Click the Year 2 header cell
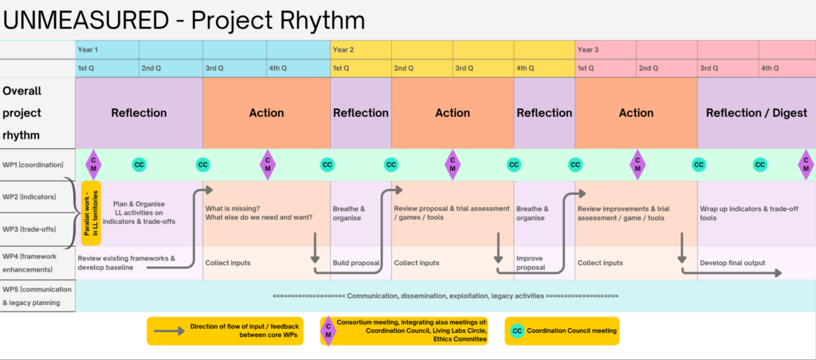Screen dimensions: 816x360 pyautogui.click(x=361, y=50)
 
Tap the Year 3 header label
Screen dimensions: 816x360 pyautogui.click(x=587, y=50)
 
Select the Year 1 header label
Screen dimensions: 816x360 pyautogui.click(x=88, y=50)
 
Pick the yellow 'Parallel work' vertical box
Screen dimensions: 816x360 pyautogui.click(x=91, y=213)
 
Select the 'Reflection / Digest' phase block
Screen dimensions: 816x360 pyautogui.click(x=756, y=113)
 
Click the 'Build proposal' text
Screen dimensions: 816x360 pyautogui.click(x=356, y=263)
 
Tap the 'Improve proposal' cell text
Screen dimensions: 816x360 pyautogui.click(x=531, y=263)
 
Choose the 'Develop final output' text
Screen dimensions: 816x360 pyautogui.click(x=732, y=263)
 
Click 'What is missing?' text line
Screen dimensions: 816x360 pyautogui.click(x=231, y=209)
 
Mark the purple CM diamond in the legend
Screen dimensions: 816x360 pyautogui.click(x=328, y=331)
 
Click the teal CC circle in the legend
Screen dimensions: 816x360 pyautogui.click(x=517, y=331)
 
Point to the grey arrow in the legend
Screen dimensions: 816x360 pyautogui.click(x=169, y=331)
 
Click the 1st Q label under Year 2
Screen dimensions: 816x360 pyautogui.click(x=341, y=68)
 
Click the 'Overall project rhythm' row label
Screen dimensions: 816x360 pyautogui.click(x=22, y=113)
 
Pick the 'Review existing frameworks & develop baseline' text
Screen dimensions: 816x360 pyautogui.click(x=126, y=263)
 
